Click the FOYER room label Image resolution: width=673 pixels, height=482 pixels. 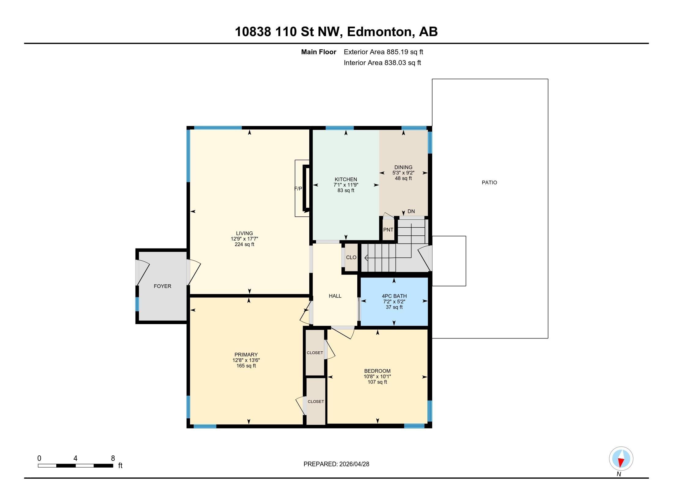point(162,286)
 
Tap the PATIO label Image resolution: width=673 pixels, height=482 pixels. point(489,182)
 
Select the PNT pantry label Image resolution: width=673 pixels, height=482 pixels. point(388,230)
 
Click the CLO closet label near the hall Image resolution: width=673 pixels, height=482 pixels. point(351,257)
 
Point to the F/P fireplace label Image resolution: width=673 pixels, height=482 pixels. point(298,189)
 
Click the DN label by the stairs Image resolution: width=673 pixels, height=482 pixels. point(411,211)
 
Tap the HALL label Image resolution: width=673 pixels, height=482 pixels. point(335,296)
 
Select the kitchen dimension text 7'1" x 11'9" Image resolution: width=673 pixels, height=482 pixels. point(346,185)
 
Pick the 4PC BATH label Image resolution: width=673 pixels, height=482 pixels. point(394,296)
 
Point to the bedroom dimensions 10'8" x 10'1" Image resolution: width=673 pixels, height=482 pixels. point(377,376)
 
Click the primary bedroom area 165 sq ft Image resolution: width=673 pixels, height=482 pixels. point(246,366)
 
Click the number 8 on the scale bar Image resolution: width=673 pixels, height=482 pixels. point(113,458)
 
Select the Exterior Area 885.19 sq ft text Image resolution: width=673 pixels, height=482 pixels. point(383,52)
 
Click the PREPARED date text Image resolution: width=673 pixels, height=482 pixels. point(336,464)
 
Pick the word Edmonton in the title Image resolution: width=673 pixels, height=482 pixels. point(379,32)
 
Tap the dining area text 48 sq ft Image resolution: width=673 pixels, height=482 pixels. point(403,178)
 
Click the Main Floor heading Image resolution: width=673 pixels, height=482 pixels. point(319,52)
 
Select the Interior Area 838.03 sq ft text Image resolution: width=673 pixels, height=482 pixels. point(382,63)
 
